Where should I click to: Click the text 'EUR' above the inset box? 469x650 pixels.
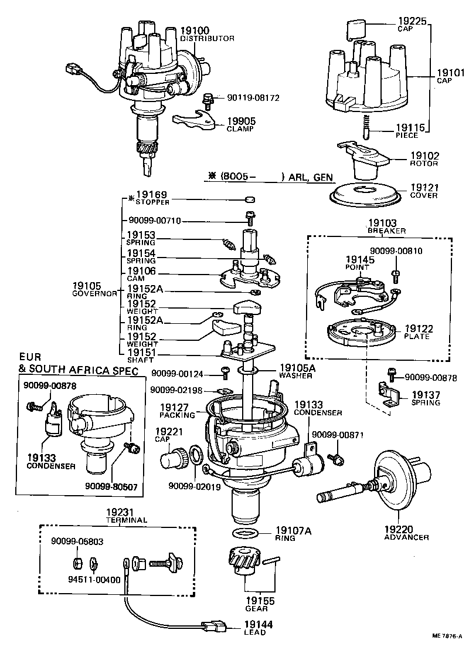[30, 357]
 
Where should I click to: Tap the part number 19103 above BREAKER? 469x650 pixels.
[382, 224]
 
